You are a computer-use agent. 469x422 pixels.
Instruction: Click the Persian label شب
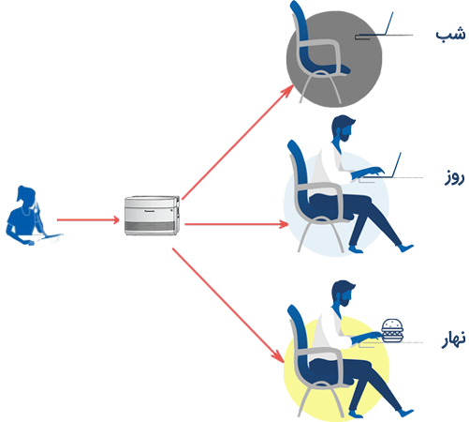coord(450,34)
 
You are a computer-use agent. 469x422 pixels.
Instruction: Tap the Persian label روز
coord(454,178)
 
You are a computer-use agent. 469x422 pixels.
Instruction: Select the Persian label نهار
coord(453,339)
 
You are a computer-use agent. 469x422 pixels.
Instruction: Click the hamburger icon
coord(392,330)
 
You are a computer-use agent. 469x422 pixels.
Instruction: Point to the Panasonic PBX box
coord(152,216)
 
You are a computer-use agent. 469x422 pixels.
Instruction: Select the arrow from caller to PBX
coord(88,220)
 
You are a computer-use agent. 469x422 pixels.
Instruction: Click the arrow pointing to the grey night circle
coord(238,142)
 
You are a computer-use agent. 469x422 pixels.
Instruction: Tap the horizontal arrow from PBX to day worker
coord(236,224)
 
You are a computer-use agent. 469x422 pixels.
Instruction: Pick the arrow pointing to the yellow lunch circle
coord(228,306)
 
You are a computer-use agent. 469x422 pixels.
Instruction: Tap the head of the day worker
coord(343,128)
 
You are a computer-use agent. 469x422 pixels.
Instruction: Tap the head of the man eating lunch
coord(343,294)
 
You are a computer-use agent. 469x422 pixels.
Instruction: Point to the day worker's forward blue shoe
coord(406,248)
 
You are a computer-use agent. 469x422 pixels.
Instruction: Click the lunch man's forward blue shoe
coord(406,413)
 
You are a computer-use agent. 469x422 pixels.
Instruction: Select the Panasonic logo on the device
coord(149,211)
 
